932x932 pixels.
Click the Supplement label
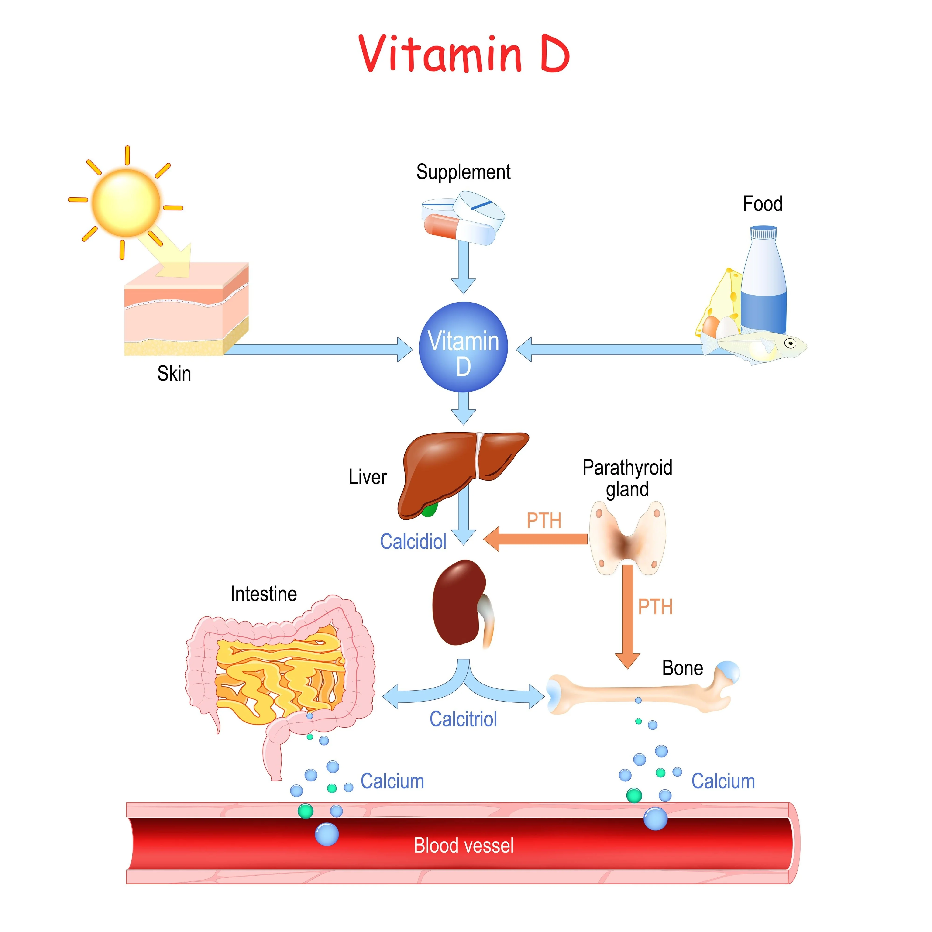tap(463, 172)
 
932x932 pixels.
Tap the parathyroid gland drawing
tap(627, 538)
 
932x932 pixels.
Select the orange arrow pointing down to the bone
tap(627, 617)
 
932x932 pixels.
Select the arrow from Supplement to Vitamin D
tap(463, 268)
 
